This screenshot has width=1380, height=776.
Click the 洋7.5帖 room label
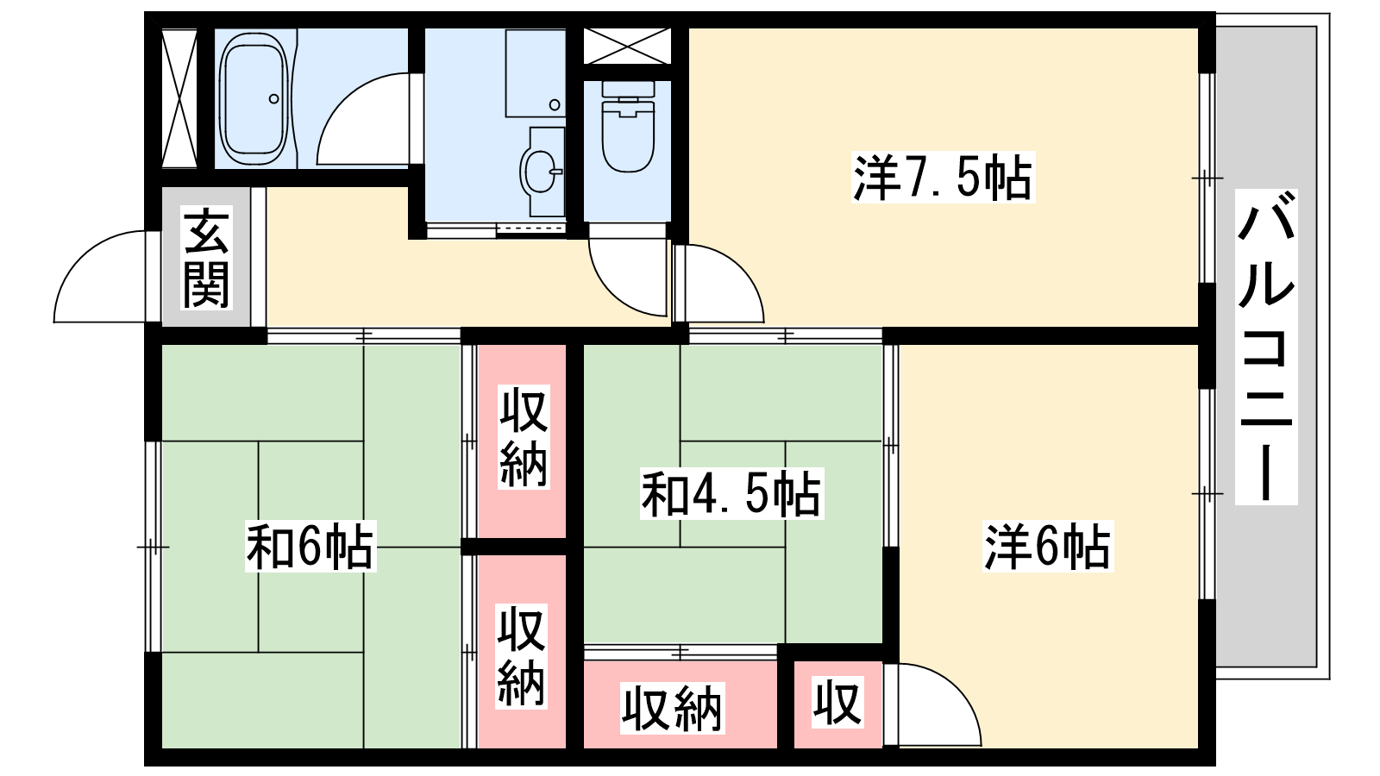[942, 178]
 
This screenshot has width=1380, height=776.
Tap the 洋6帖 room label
[1047, 546]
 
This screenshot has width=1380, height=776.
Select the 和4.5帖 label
[731, 493]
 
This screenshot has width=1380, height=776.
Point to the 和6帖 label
[310, 546]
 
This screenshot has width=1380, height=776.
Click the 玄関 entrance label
[206, 258]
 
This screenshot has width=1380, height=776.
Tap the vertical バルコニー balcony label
[1266, 347]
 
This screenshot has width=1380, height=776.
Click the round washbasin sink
[540, 172]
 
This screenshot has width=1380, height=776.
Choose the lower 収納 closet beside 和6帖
[522, 656]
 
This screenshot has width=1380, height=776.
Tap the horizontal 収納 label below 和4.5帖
[672, 709]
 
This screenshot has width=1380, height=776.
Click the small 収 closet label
[837, 703]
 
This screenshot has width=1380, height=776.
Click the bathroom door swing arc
[362, 121]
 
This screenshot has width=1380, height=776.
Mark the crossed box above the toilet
[627, 45]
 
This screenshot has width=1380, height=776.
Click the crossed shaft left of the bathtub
[179, 98]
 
